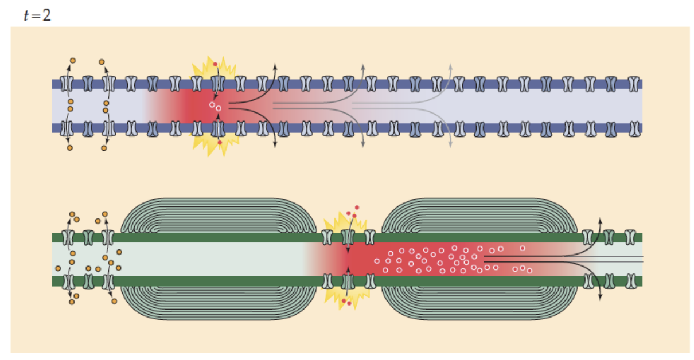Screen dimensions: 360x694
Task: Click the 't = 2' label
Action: click(x=37, y=15)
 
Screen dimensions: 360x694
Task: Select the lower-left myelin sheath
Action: click(x=219, y=304)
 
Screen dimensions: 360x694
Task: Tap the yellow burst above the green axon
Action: click(x=344, y=224)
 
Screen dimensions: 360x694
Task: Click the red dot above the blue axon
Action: click(x=215, y=64)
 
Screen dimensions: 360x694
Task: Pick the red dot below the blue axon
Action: click(x=220, y=143)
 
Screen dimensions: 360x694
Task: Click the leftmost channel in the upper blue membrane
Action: click(x=67, y=84)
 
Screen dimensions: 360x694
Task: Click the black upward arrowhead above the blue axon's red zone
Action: click(x=274, y=68)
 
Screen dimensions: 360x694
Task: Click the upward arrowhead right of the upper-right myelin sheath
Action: click(x=600, y=220)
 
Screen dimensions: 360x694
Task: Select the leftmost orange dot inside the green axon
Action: click(x=58, y=268)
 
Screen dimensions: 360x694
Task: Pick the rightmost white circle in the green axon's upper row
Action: click(x=522, y=248)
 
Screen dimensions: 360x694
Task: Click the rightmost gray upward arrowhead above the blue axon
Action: click(x=451, y=68)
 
